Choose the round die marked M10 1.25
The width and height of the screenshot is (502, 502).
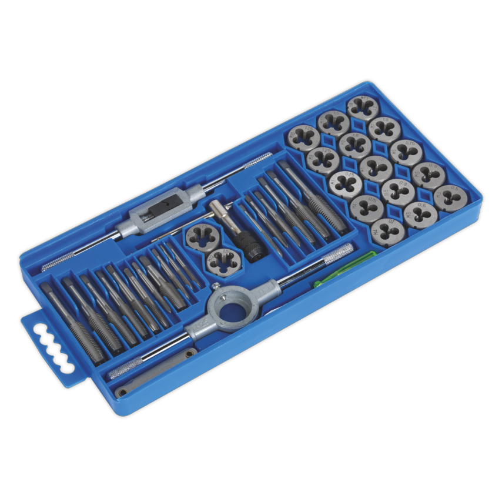(304, 138)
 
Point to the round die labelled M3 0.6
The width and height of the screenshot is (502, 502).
(420, 214)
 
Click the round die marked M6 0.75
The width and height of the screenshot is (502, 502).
(406, 151)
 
